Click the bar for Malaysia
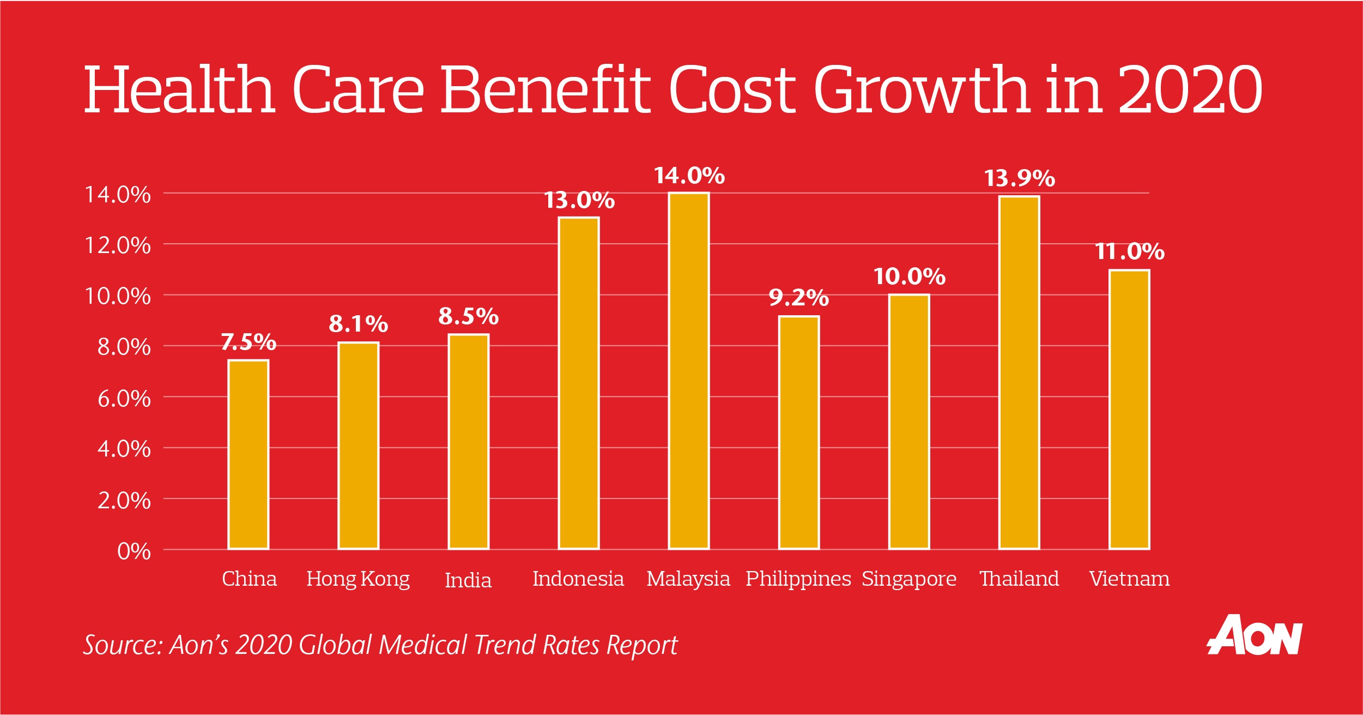click(x=689, y=371)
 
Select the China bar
click(x=249, y=454)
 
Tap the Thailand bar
click(x=1019, y=372)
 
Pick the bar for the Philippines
click(x=799, y=432)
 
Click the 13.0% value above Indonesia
click(x=579, y=201)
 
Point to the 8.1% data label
click(x=359, y=325)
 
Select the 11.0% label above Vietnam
click(x=1129, y=252)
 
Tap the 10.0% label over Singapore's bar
click(x=909, y=277)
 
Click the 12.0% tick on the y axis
click(x=118, y=245)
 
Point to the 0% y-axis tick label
click(x=134, y=551)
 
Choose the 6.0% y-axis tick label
click(x=124, y=399)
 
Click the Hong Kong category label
click(x=358, y=579)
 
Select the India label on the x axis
click(x=468, y=580)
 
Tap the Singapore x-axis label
click(x=909, y=579)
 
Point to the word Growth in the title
click(x=921, y=90)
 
